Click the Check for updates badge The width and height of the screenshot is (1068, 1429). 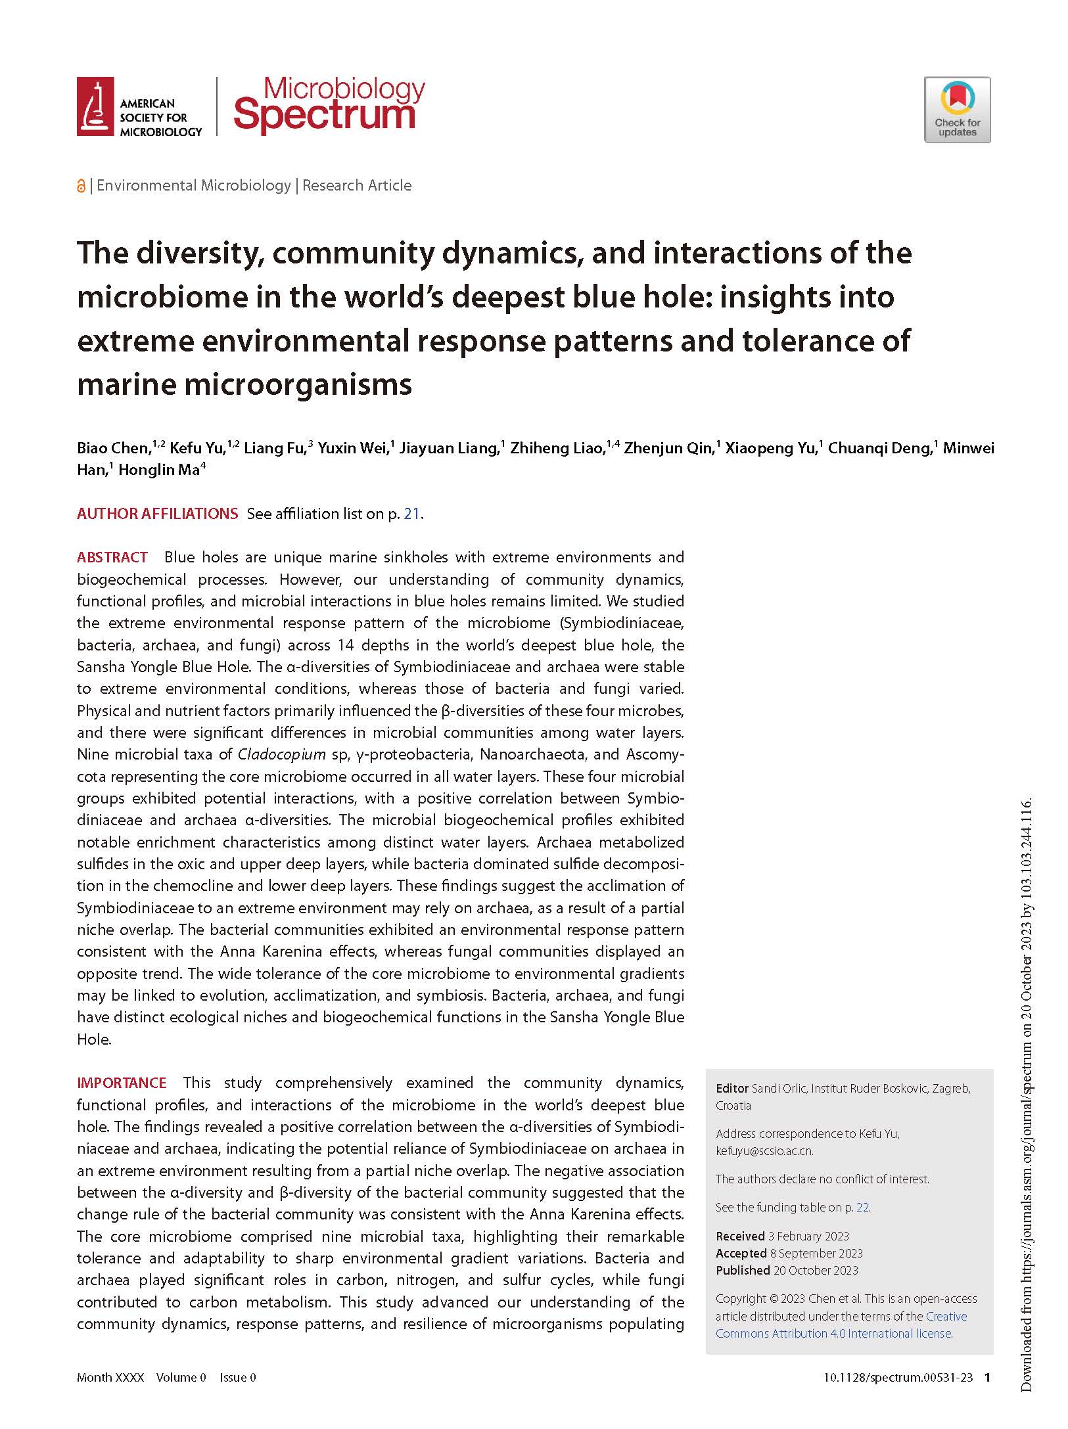click(x=957, y=110)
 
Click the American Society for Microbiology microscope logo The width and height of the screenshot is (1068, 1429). click(x=95, y=106)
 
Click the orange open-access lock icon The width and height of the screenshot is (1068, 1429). click(x=81, y=187)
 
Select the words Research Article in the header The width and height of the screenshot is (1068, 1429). click(x=357, y=186)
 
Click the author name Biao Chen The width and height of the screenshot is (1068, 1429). click(x=113, y=449)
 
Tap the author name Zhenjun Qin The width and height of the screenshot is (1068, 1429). click(x=668, y=449)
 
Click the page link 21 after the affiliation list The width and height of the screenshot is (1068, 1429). click(x=411, y=514)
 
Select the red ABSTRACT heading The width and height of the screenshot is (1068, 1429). click(x=112, y=558)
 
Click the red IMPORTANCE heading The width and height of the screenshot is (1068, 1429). click(x=122, y=1083)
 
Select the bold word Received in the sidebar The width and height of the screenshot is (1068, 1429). click(x=740, y=1236)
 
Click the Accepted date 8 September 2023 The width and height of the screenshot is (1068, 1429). click(x=816, y=1254)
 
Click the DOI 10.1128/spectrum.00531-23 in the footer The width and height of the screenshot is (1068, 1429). click(x=898, y=1378)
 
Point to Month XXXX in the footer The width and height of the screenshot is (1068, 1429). click(x=110, y=1378)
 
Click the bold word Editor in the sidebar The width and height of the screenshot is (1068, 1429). click(x=731, y=1089)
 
